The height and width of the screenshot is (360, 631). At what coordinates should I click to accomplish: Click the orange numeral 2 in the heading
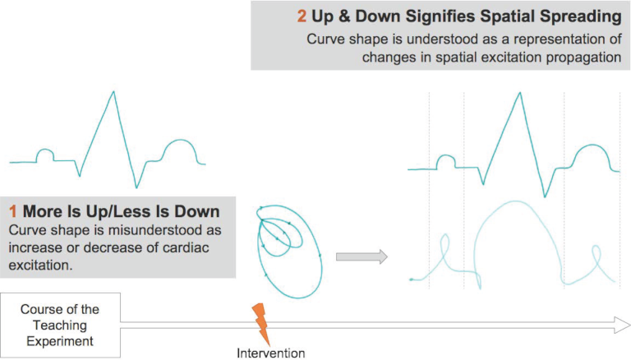[x=302, y=16]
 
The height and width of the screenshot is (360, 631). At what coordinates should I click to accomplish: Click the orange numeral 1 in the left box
[x=13, y=211]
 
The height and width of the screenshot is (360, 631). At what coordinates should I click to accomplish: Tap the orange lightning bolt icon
[x=261, y=324]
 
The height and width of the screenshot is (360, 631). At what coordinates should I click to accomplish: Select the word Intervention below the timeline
[x=270, y=353]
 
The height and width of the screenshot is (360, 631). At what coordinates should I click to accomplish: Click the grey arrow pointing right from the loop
[x=362, y=256]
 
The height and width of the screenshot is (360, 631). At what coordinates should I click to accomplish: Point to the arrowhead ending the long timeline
[x=622, y=325]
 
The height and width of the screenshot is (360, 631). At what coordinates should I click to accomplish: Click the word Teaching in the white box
[x=60, y=325]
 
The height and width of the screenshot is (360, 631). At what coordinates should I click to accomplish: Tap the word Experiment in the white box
[x=60, y=341]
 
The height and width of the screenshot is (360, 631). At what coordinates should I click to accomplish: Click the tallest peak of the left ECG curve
[x=113, y=92]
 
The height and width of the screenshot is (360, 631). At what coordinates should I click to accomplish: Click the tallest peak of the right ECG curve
[x=520, y=94]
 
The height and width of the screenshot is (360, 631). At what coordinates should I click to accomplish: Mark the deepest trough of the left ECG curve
[x=136, y=187]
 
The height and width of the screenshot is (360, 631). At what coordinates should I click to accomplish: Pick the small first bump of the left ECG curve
[x=45, y=155]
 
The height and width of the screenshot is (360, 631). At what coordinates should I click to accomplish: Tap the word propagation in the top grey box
[x=581, y=58]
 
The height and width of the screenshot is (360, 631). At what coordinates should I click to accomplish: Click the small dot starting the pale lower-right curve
[x=412, y=279]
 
